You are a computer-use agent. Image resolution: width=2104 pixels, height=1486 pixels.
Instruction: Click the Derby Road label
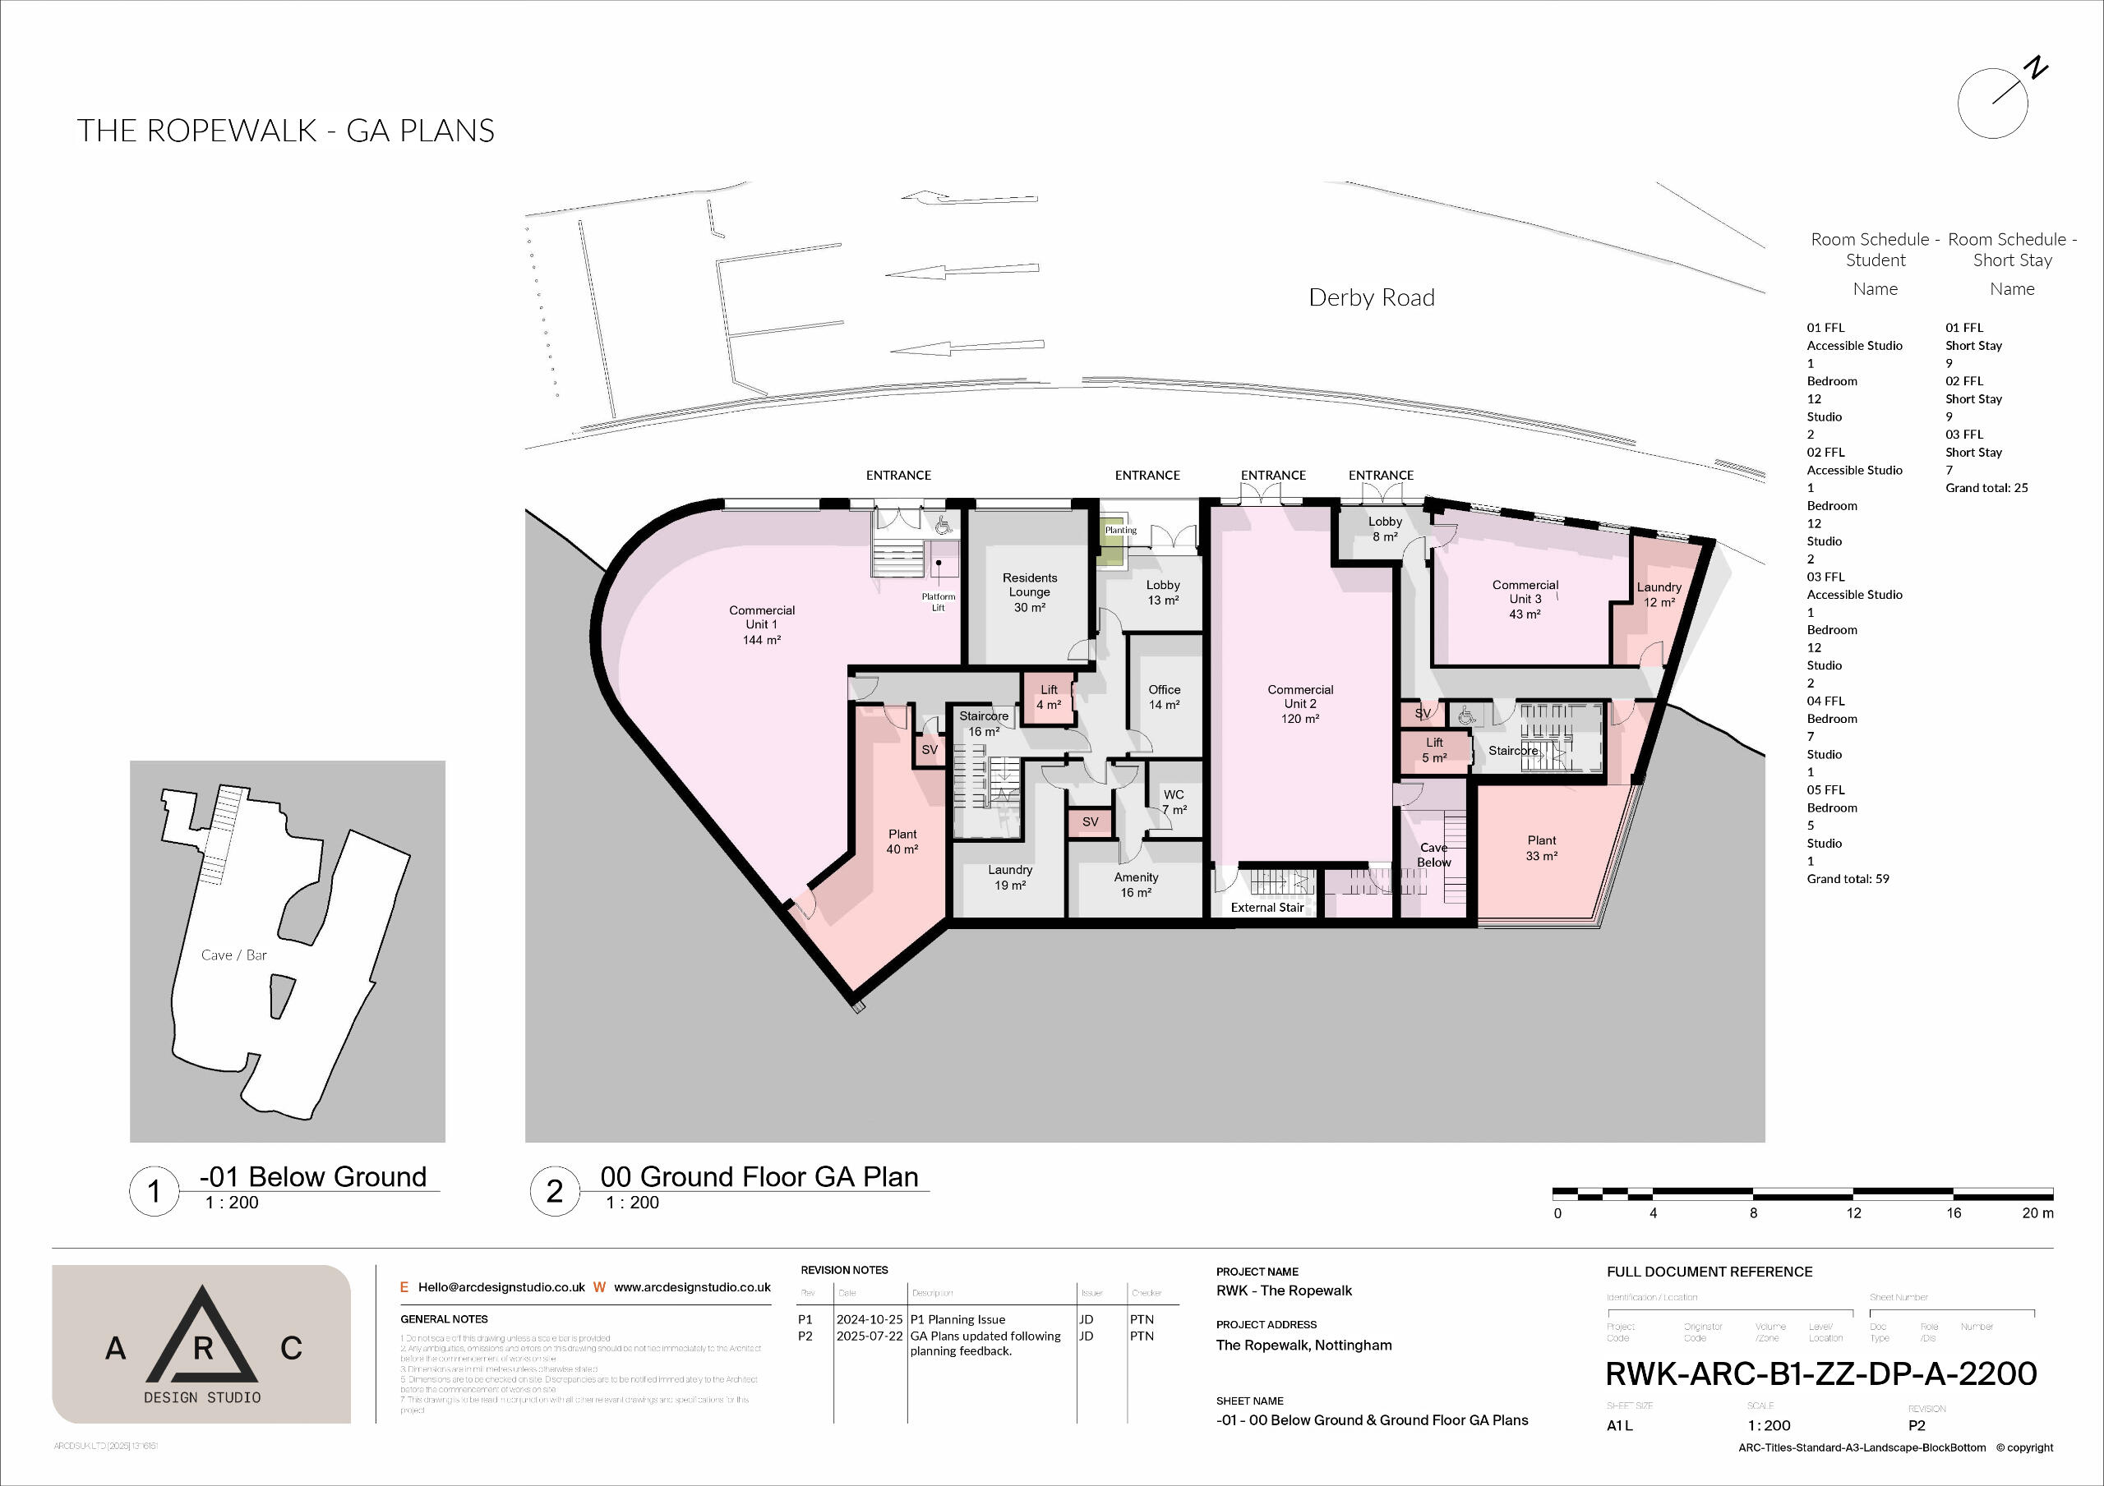1371,297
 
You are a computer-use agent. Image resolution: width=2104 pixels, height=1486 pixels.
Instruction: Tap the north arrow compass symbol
1992,104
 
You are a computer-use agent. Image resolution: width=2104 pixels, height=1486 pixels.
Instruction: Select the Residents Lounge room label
1029,591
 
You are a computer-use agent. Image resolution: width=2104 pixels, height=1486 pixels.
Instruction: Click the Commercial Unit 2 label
1299,704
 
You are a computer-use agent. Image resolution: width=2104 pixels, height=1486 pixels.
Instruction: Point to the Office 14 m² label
1164,697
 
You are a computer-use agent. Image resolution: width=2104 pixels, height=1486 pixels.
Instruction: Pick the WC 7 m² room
1174,802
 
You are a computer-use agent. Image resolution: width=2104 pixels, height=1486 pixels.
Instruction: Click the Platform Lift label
939,602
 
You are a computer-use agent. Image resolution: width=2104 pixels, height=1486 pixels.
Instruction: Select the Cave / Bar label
233,955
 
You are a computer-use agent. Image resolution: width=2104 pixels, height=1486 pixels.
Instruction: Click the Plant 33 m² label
1541,848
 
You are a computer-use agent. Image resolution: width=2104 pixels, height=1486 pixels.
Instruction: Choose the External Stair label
1267,907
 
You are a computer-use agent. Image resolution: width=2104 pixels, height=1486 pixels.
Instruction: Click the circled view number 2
555,1191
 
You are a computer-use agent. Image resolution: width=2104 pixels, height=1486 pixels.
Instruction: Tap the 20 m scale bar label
2037,1213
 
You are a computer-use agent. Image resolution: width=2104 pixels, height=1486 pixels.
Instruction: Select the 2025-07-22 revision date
869,1336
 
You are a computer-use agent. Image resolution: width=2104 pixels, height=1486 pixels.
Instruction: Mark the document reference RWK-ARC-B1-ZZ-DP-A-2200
1820,1373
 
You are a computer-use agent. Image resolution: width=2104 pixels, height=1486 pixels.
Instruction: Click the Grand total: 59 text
1848,879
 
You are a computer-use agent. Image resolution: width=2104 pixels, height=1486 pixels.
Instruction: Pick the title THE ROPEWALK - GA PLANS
286,131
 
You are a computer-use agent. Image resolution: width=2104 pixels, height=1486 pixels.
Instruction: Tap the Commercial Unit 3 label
1524,599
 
